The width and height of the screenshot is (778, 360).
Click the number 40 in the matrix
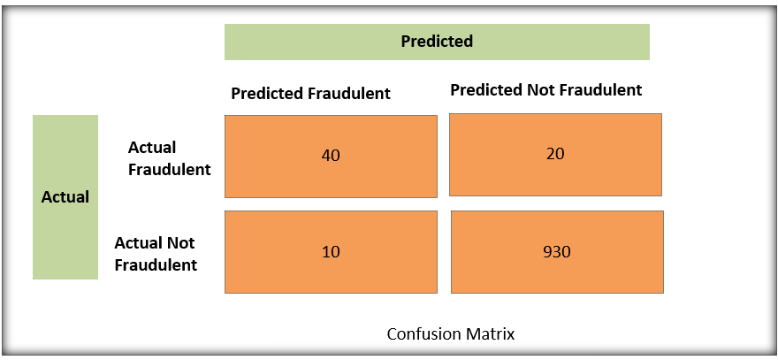pos(331,156)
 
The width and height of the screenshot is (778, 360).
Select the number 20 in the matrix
pos(555,154)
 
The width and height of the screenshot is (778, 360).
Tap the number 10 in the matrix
pos(331,252)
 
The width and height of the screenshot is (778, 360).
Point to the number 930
pos(557,252)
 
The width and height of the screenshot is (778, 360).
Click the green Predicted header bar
pos(437,42)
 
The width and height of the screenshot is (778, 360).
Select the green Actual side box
pos(65,197)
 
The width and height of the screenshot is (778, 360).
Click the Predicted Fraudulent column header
pos(310,94)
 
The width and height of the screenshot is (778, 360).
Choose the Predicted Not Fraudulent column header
pos(545,90)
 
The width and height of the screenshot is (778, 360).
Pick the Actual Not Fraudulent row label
pos(156,253)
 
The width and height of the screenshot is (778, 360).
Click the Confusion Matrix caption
pos(451,334)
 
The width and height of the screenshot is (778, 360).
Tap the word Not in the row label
pos(179,243)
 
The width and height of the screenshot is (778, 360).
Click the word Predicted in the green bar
pos(437,42)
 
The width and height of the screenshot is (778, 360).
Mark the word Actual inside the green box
pos(65,197)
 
